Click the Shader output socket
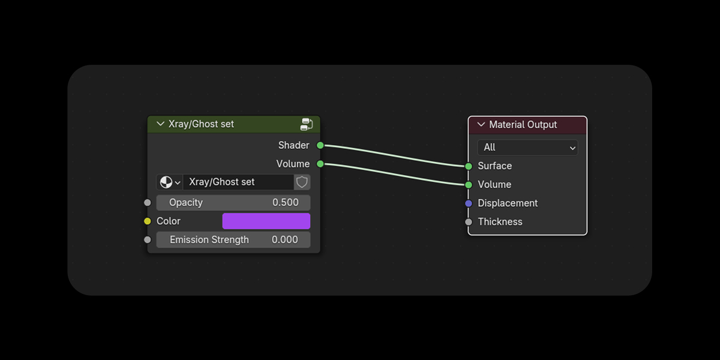click(x=320, y=145)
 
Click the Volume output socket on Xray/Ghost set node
click(x=320, y=164)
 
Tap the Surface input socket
click(x=469, y=166)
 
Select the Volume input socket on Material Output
click(x=469, y=185)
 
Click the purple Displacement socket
click(x=469, y=203)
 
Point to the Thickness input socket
click(x=469, y=222)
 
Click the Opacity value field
click(x=233, y=203)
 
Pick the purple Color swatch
click(x=266, y=221)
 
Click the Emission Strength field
click(x=233, y=240)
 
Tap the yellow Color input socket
click(x=148, y=221)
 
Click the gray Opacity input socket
click(x=148, y=203)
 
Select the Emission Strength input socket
click(x=148, y=240)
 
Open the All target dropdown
click(x=527, y=148)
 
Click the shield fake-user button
click(x=302, y=182)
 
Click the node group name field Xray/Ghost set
click(x=238, y=182)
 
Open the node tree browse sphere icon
click(x=169, y=182)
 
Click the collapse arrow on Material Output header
click(x=481, y=124)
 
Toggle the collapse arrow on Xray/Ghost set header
click(x=160, y=124)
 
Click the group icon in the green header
click(x=307, y=124)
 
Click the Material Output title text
click(x=523, y=125)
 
